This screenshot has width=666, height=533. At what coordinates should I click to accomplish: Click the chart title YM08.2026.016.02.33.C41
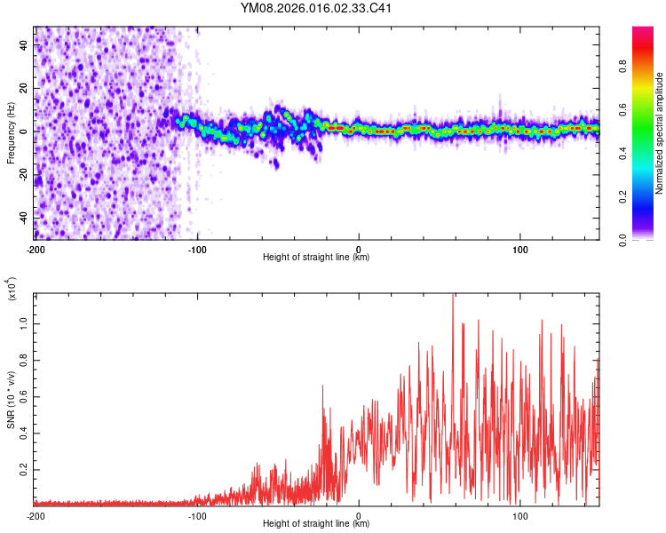[x=317, y=9]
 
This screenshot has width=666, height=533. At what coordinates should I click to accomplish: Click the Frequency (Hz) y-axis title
[x=11, y=133]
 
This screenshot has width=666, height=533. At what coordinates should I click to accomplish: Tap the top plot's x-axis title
[x=316, y=257]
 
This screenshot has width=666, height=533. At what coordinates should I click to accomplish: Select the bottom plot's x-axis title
[x=316, y=525]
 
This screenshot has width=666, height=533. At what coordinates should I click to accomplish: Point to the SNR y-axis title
[x=11, y=401]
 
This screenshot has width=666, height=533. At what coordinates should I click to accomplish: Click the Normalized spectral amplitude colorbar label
[x=659, y=133]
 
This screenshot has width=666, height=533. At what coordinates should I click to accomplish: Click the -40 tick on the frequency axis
[x=22, y=217]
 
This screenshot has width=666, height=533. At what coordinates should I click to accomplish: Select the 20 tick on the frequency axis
[x=24, y=88]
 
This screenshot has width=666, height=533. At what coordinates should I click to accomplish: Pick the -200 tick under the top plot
[x=36, y=248]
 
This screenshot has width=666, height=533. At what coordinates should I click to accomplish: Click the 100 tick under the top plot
[x=520, y=248]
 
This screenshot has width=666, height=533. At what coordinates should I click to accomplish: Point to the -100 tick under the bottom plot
[x=197, y=515]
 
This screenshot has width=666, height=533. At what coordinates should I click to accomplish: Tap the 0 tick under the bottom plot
[x=359, y=515]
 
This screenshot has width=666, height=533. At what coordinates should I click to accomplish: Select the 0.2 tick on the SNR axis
[x=22, y=470]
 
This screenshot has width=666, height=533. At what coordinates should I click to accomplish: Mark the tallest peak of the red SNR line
[x=453, y=295]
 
